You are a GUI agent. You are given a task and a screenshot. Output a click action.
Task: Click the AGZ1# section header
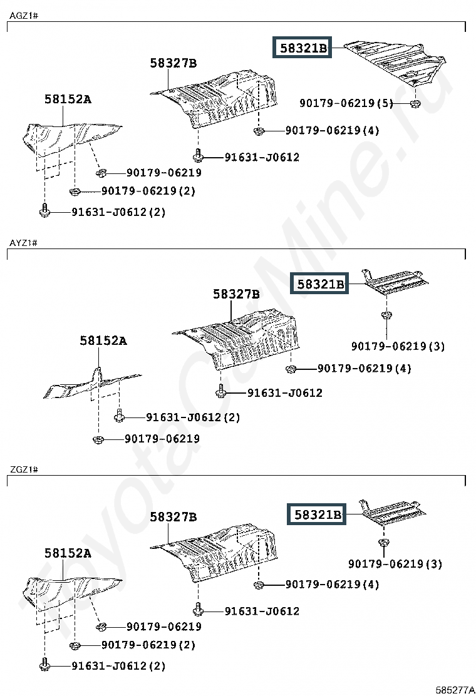24,16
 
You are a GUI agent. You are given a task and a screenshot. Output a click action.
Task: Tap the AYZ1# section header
24,243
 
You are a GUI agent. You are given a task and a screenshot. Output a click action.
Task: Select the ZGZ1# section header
24,469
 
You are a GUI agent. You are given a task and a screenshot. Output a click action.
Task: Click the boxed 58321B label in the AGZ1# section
302,48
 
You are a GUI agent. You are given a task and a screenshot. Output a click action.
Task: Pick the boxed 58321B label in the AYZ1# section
319,284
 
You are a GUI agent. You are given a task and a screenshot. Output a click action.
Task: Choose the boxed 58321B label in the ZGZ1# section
316,514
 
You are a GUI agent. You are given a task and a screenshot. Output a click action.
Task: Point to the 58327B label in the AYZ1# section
236,294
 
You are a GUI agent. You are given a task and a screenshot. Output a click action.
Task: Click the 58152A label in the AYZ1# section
103,340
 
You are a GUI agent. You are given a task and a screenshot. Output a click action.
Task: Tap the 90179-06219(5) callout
346,103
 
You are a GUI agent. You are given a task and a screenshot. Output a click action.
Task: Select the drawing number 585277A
455,690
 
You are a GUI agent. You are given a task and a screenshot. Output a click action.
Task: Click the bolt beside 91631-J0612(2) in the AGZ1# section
44,210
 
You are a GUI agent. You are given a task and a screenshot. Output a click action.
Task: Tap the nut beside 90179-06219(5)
415,104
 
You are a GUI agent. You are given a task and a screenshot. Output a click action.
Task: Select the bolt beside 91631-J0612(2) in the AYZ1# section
119,416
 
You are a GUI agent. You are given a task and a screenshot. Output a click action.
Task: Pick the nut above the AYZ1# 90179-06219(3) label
386,315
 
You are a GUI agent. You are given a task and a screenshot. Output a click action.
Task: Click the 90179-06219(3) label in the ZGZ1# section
395,564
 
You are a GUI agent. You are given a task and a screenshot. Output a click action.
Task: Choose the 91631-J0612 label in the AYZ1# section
284,392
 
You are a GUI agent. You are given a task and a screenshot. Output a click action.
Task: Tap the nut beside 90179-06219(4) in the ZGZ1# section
259,585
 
